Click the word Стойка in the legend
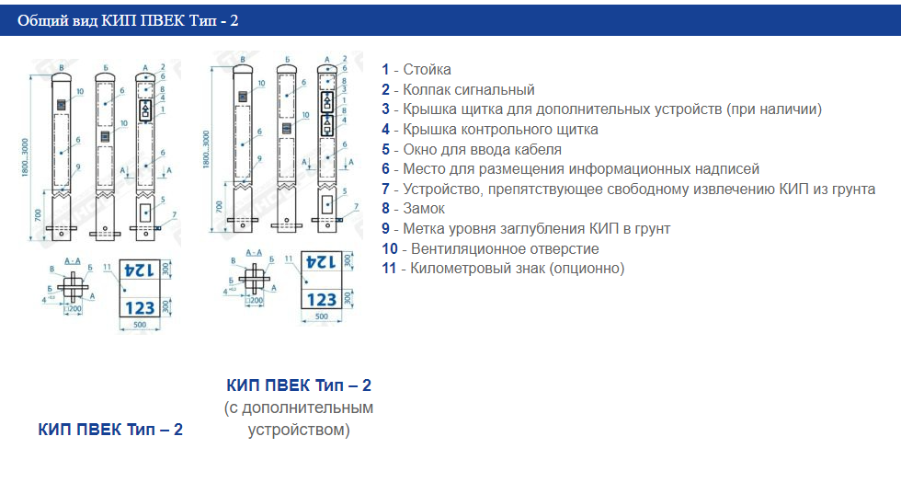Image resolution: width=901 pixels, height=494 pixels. point(427,70)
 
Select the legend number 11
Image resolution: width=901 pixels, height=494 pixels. point(390,269)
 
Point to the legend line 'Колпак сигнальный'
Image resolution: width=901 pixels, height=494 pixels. point(468,90)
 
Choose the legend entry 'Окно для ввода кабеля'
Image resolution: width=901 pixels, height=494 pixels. point(482,150)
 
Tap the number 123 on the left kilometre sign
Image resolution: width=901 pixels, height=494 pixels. point(140,307)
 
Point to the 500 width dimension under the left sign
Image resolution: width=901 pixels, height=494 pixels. point(141,326)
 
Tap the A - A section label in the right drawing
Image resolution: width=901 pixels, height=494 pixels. point(255,252)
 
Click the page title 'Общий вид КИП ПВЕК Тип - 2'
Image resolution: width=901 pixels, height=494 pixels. point(128,19)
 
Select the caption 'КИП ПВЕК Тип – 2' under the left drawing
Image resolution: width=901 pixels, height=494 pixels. point(110,430)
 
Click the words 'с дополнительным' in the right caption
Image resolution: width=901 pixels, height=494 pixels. point(299,408)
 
